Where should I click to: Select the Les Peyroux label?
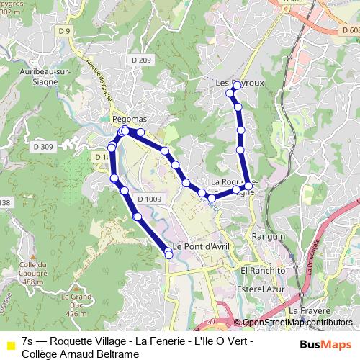click(240, 84)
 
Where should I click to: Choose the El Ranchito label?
click(263, 270)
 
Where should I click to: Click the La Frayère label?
click(305, 310)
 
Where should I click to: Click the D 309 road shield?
click(43, 147)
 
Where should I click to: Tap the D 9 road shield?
click(66, 31)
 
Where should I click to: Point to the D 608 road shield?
click(351, 30)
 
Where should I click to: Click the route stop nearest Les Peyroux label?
click(237, 86)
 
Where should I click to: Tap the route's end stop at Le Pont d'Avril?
click(169, 253)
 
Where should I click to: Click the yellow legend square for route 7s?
click(10, 346)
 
